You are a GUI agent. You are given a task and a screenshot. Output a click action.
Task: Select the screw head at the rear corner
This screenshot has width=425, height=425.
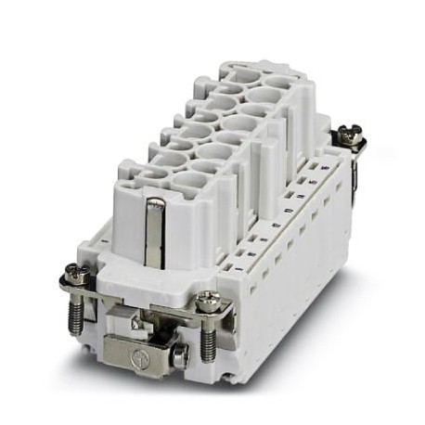[x=350, y=135]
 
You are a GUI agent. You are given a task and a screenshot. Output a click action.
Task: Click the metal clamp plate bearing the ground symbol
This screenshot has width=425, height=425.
[x=139, y=354]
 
